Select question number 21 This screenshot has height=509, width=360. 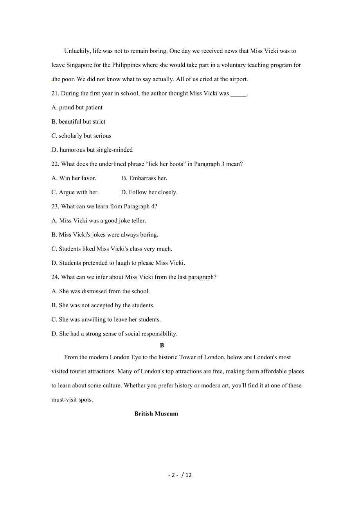point(55,93)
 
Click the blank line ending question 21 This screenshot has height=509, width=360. point(239,94)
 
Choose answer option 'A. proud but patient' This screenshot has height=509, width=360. point(77,108)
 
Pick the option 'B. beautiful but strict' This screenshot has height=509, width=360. point(78,122)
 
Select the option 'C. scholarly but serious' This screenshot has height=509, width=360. point(81,136)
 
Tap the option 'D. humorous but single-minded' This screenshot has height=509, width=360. point(92,150)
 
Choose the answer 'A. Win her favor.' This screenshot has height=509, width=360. point(74,178)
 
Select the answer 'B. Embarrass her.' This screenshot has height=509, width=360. point(144,178)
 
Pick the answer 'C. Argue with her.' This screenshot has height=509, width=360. point(75,192)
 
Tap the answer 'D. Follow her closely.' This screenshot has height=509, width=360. point(149,192)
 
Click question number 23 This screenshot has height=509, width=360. point(55,206)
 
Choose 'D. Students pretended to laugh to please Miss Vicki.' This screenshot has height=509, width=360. point(118,263)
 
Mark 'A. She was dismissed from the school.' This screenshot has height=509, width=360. point(101,291)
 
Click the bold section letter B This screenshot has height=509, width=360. point(162,345)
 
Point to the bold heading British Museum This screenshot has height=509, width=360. point(156,414)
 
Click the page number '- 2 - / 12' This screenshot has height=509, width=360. point(180,475)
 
